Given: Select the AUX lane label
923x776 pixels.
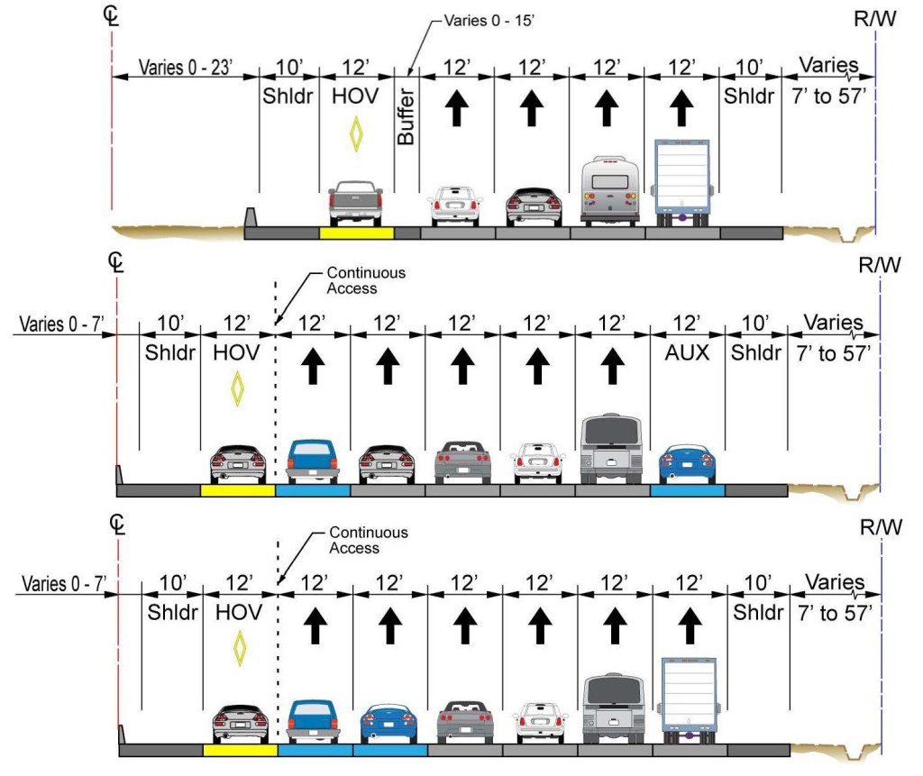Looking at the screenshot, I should click(687, 353).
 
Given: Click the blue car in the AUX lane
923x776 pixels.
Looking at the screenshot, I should click(687, 463).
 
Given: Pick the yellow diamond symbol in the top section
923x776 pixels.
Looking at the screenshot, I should click(357, 135).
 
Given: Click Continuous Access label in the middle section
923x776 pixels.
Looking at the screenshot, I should click(366, 280).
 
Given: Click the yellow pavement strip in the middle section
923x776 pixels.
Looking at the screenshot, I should click(237, 491).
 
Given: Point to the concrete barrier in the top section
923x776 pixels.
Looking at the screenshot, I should click(251, 218).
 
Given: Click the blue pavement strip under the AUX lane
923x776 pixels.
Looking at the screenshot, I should click(687, 491).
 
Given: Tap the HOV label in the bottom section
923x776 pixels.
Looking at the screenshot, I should click(239, 613).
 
